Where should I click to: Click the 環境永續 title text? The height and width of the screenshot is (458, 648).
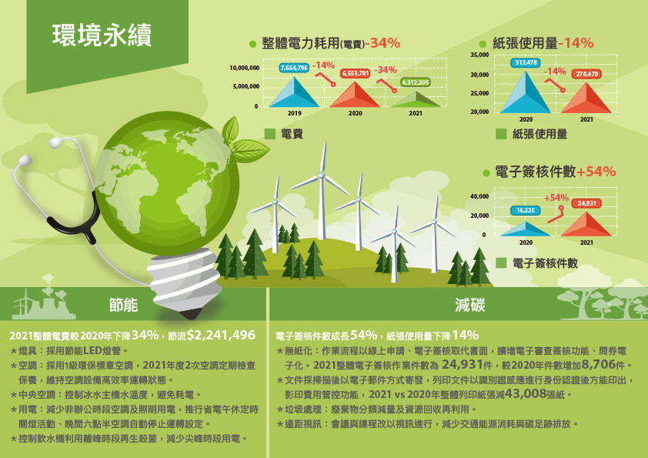pos(102,35)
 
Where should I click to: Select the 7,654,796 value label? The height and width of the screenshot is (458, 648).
pos(294,68)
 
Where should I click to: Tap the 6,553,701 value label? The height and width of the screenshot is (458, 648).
pos(355,73)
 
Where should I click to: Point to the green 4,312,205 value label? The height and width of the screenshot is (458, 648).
pos(416,82)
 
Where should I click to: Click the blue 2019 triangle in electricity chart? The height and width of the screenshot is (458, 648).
pos(294,92)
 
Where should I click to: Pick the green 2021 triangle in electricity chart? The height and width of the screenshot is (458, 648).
pos(416,99)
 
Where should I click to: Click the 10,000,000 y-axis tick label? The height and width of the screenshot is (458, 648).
pos(244,68)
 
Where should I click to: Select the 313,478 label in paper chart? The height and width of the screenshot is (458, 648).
pos(526,62)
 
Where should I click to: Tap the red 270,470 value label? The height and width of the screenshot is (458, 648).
pos(587,74)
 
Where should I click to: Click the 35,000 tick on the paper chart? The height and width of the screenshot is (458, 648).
pos(479,55)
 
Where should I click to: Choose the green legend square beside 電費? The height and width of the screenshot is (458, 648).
pos(270,134)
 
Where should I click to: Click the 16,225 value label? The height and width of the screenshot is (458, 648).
pos(526,210)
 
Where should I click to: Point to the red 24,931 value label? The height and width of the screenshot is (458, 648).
pos(587,203)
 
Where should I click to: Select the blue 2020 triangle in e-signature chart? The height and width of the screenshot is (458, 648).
pos(526,230)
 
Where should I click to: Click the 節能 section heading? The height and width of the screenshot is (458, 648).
pos(123,305)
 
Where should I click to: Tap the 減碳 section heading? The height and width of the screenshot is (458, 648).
pos(470,305)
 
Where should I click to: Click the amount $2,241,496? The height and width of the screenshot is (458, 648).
pos(221,335)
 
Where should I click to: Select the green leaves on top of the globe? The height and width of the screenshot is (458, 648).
pos(242,139)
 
